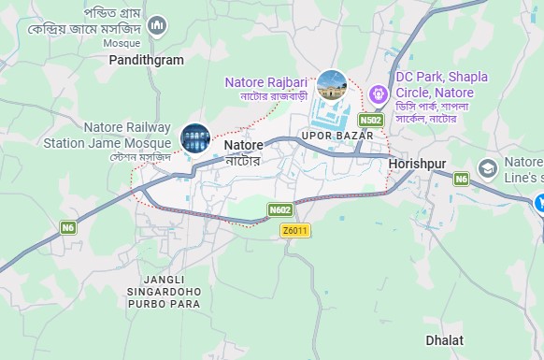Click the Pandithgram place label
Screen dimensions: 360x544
pos(147,59)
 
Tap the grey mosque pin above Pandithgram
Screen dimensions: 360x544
pos(158,23)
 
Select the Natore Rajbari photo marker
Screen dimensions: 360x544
pos(332,85)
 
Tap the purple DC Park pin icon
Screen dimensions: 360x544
pos(378,94)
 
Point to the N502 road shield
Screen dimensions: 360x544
pos(370,121)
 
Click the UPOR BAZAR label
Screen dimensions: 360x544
pos(337,137)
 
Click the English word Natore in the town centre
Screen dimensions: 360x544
pos(244,146)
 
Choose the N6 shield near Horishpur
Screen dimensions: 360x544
pos(460,178)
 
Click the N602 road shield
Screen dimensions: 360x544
pos(280,210)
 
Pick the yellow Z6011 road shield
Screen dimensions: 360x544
pos(294,230)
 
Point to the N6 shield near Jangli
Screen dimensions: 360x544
pos(68,226)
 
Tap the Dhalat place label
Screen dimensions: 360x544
pos(444,340)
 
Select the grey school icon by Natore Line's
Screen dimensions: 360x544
pos(487,168)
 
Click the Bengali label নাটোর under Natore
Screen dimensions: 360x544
pos(242,161)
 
